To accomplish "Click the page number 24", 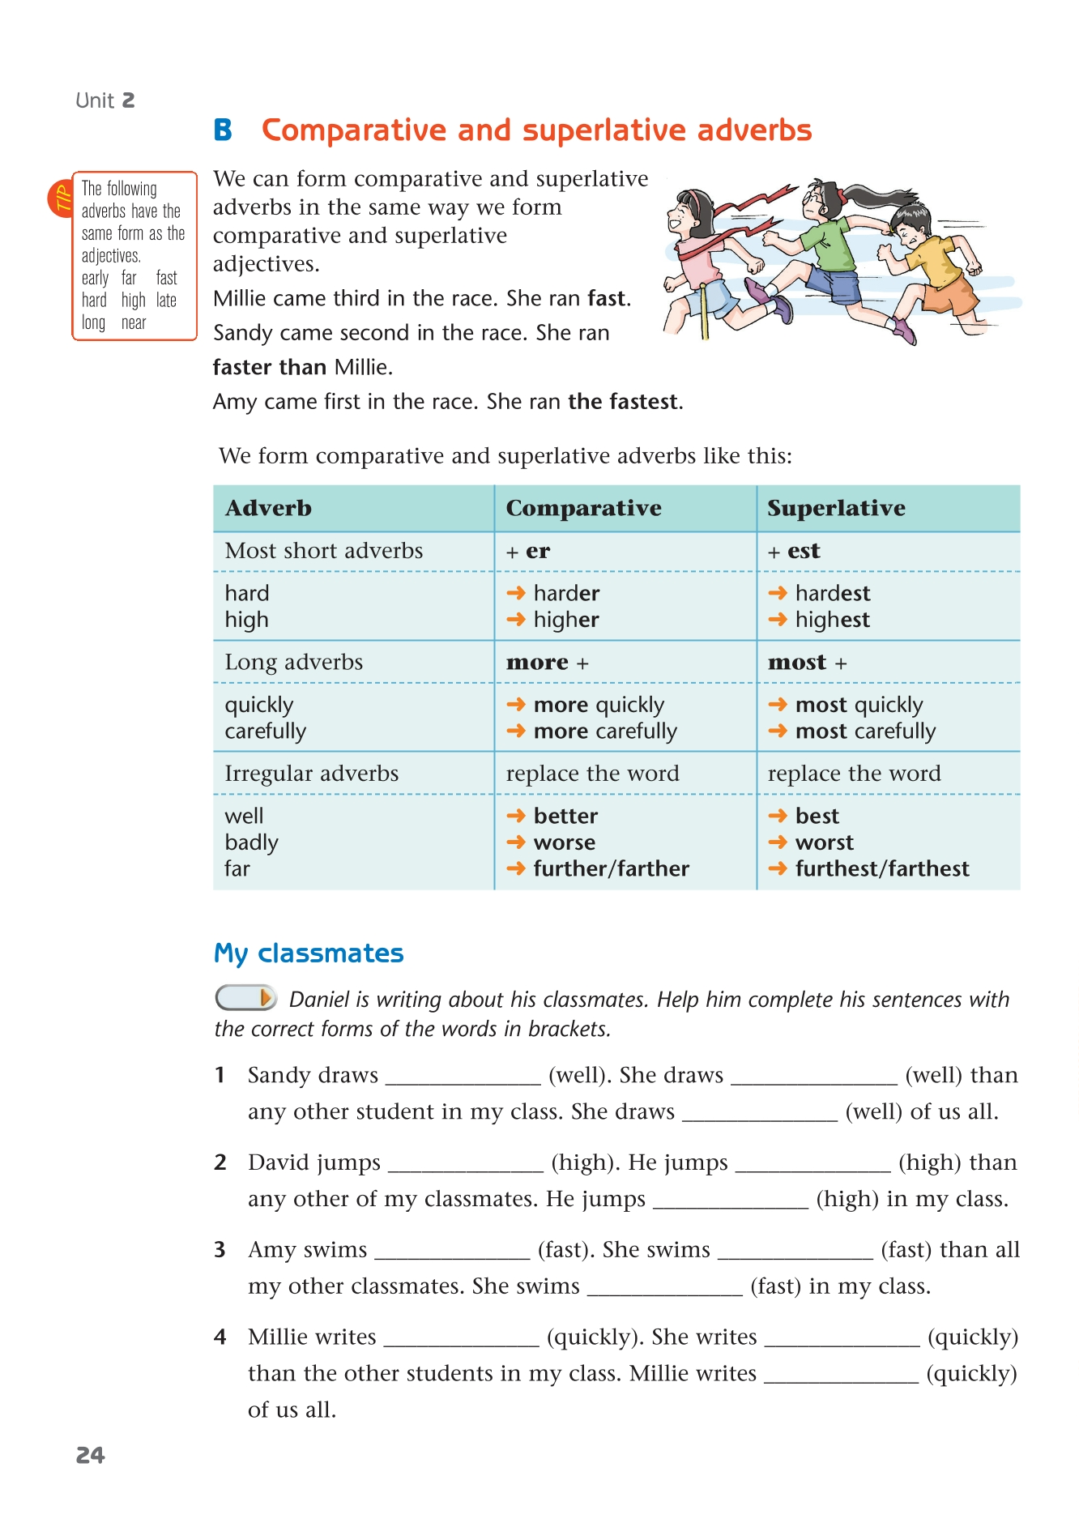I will click(x=91, y=1455).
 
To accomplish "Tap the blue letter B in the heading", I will click(x=223, y=130).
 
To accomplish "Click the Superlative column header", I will click(x=836, y=508).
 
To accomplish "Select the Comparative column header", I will click(x=583, y=508).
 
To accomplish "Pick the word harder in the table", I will click(x=566, y=593).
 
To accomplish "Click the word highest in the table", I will click(x=832, y=620).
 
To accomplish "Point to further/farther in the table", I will click(x=611, y=868).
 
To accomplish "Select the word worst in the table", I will click(x=824, y=842).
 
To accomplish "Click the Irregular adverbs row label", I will click(x=312, y=774).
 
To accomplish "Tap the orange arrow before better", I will click(x=516, y=816).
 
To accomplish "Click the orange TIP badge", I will click(x=61, y=198).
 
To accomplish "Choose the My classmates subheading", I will click(x=309, y=953).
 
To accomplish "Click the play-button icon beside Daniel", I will click(x=246, y=997).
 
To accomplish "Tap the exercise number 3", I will click(x=220, y=1250).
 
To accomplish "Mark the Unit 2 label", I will click(x=105, y=100).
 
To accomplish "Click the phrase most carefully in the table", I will click(x=865, y=732).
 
